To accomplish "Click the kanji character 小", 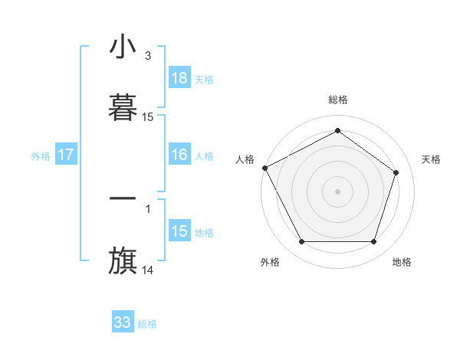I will pyautogui.click(x=123, y=47).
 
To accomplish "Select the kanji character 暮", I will pyautogui.click(x=123, y=106).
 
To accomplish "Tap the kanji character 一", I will pyautogui.click(x=123, y=198).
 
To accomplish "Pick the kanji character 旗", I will pyautogui.click(x=123, y=259).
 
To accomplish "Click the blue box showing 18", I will pyautogui.click(x=179, y=78).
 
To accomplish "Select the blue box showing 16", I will pyautogui.click(x=179, y=155).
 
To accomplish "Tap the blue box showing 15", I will pyautogui.click(x=179, y=231).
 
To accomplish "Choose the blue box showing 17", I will pyautogui.click(x=66, y=155).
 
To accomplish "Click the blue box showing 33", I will pyautogui.click(x=123, y=322).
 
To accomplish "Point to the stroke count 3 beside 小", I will pyautogui.click(x=147, y=56).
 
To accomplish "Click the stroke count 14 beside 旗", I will pyautogui.click(x=148, y=270).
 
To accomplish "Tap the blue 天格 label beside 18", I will pyautogui.click(x=204, y=79).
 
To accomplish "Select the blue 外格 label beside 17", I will pyautogui.click(x=41, y=155).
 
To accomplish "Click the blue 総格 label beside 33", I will pyautogui.click(x=147, y=323).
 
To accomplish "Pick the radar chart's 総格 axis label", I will pyautogui.click(x=338, y=100).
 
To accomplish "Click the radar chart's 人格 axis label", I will pyautogui.click(x=245, y=159).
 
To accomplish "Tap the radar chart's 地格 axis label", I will pyautogui.click(x=402, y=263).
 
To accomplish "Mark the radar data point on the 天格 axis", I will pyautogui.click(x=396, y=172).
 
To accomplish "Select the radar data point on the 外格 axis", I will pyautogui.click(x=301, y=242).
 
